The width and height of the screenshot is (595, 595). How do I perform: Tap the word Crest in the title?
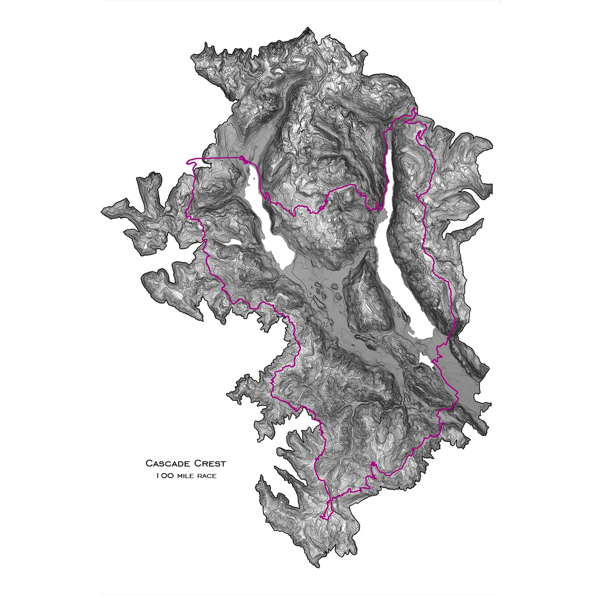click(210, 464)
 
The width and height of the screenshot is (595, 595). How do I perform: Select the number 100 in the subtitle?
click(164, 476)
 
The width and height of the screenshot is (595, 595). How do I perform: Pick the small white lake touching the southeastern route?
click(426, 358)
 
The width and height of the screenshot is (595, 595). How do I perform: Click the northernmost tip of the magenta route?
click(413, 110)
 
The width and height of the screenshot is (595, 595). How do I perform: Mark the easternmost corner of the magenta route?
click(458, 397)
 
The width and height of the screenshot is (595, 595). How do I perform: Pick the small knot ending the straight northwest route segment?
click(243, 159)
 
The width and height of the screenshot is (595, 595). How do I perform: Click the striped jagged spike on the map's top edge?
click(307, 32)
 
